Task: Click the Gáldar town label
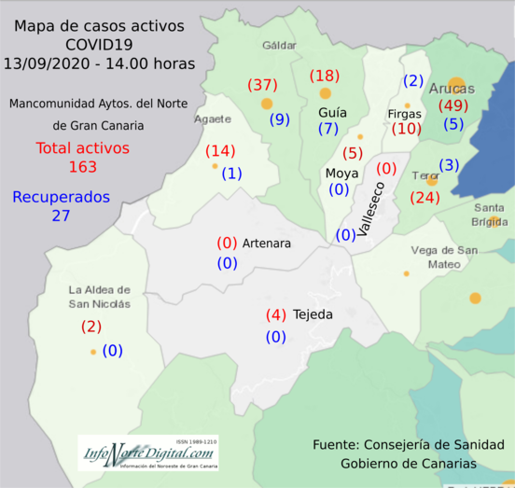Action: (279, 44)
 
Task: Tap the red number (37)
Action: (262, 85)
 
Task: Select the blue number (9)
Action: (280, 119)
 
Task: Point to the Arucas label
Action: (452, 89)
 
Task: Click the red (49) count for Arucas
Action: (452, 105)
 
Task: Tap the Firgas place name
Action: (404, 114)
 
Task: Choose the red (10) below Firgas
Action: (406, 129)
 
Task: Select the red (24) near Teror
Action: (425, 197)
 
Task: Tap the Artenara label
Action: (267, 244)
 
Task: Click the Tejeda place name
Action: (313, 314)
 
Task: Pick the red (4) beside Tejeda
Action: (275, 314)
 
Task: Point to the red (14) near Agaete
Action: (220, 151)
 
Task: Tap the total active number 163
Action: (83, 167)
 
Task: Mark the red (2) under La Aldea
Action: (91, 327)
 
